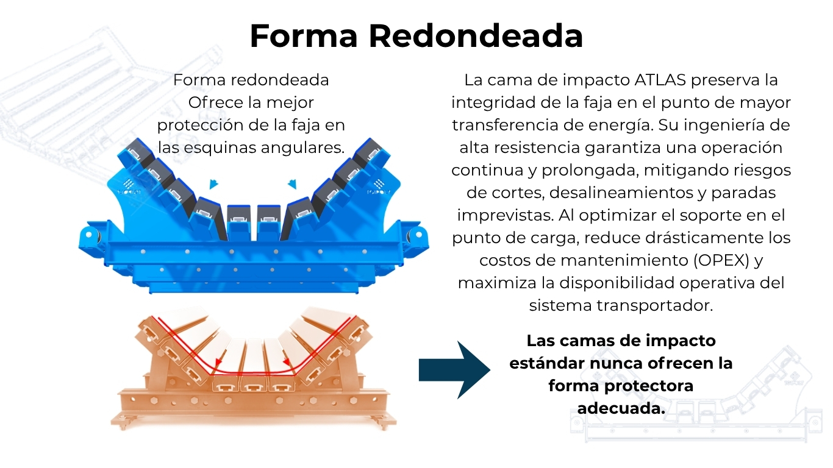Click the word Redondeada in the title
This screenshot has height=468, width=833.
(x=476, y=36)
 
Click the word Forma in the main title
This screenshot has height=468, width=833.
(x=303, y=36)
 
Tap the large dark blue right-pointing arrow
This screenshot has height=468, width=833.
(x=454, y=370)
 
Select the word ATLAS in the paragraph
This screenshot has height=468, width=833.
(x=664, y=80)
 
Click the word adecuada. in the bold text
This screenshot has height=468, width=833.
(x=621, y=408)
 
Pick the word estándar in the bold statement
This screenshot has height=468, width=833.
(x=547, y=363)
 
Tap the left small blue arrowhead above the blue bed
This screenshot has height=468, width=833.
(x=213, y=183)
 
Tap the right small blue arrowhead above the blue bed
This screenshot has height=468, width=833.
(x=292, y=183)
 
